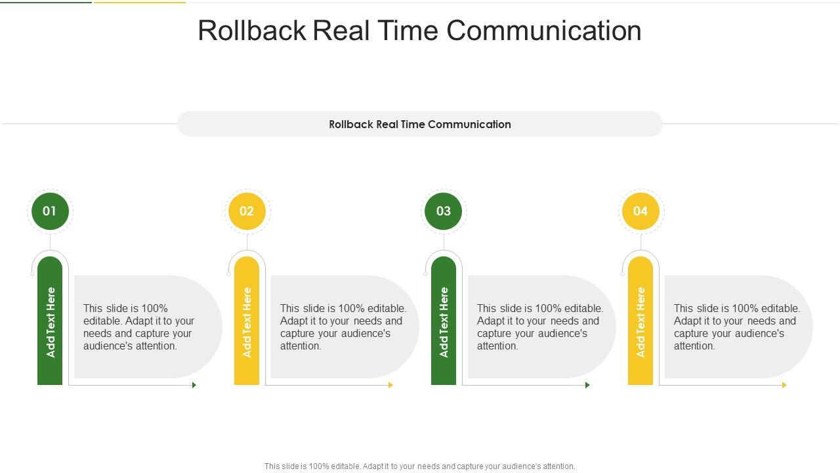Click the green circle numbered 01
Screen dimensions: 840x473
(x=50, y=211)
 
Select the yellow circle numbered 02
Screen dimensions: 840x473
(x=247, y=211)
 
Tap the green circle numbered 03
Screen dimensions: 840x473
(x=444, y=211)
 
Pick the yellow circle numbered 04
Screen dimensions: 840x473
(x=640, y=211)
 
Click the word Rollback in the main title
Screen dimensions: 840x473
(x=252, y=31)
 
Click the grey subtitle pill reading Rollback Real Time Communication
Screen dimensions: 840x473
(x=420, y=124)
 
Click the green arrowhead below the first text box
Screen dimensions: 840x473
(x=194, y=385)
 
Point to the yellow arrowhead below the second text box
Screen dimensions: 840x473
(x=391, y=385)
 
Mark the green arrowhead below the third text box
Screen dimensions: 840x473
(x=588, y=385)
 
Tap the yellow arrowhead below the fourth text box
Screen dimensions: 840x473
(x=784, y=385)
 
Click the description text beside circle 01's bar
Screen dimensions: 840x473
(x=139, y=327)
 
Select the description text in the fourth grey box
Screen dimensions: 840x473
(x=736, y=327)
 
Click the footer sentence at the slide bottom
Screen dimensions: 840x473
(x=420, y=466)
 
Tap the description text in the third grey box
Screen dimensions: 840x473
(x=539, y=327)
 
